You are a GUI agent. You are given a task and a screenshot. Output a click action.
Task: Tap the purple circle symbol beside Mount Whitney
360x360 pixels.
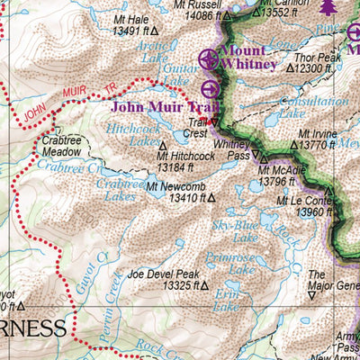click(209, 60)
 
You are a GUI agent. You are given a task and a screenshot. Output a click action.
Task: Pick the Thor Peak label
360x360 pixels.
click(317, 57)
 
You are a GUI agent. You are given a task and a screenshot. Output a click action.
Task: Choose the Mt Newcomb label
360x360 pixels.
click(172, 187)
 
